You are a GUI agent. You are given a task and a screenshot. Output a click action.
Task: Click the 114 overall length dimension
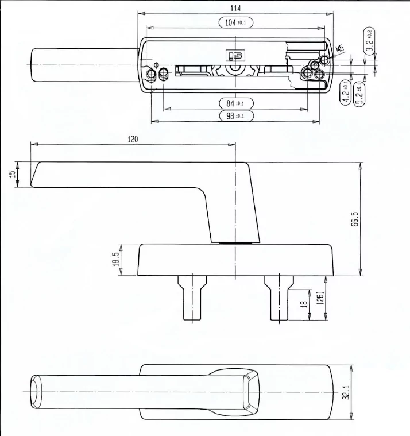[235, 9]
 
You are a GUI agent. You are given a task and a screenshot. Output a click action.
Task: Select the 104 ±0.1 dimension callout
[236, 22]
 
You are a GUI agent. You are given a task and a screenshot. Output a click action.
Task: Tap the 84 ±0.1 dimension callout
[236, 103]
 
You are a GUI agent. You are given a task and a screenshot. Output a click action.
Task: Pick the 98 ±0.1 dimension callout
[236, 115]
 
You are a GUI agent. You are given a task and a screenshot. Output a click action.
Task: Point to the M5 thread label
[340, 49]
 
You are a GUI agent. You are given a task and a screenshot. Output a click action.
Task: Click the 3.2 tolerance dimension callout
[369, 41]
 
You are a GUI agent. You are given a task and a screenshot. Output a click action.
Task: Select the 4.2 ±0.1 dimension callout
[346, 92]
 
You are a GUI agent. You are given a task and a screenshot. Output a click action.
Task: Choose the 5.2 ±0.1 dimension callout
[359, 94]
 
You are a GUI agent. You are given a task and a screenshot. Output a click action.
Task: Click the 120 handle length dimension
[133, 139]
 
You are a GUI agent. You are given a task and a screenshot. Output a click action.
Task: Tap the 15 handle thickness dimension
[13, 174]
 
